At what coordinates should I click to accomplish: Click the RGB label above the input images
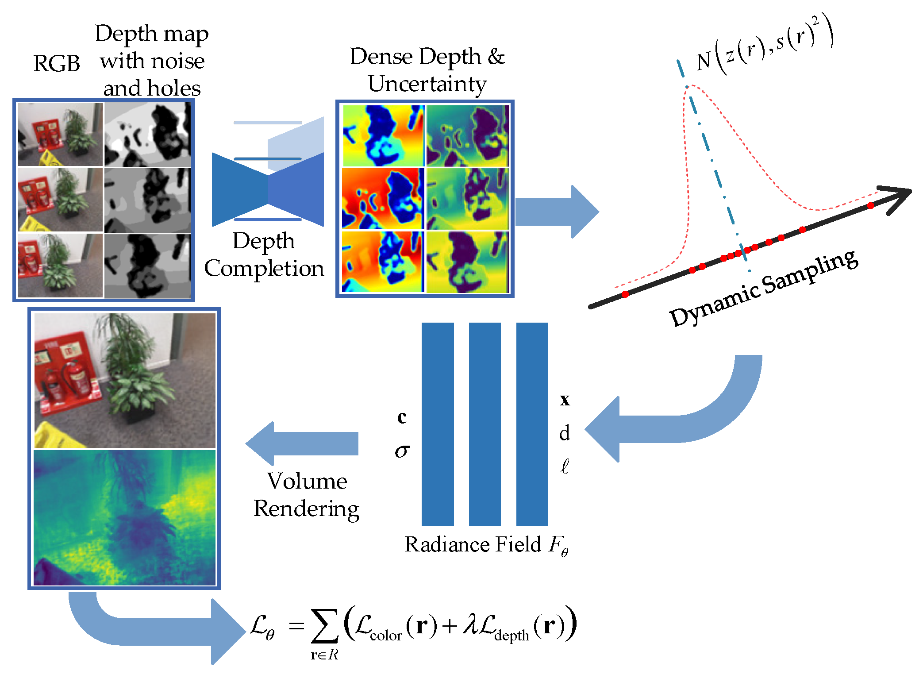57,63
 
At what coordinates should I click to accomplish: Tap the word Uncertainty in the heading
427,84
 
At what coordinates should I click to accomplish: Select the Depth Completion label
264,255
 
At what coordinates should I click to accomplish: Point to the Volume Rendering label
307,494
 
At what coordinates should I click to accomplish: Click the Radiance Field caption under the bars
486,545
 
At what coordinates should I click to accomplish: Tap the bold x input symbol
565,400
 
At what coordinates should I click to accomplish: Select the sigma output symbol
402,451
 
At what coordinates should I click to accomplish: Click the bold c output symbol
402,417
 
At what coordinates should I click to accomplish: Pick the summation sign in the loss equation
324,626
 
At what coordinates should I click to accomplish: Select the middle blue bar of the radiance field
485,424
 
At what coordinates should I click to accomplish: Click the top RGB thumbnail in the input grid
60,135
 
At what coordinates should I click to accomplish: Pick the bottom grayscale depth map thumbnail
148,265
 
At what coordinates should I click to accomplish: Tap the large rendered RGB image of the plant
125,381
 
